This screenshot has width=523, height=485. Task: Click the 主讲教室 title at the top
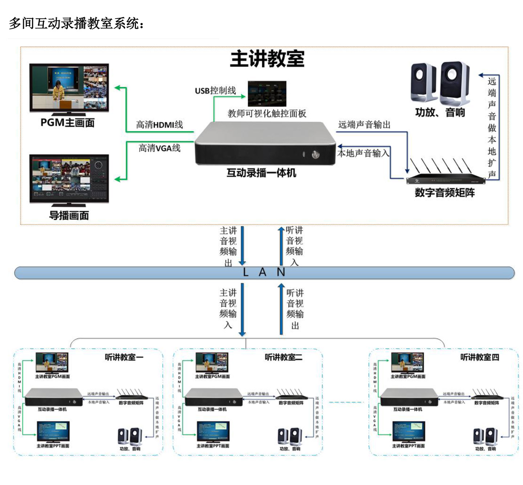(x=267, y=59)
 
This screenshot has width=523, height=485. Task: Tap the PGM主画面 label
(x=68, y=123)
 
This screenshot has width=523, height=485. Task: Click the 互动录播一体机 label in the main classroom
(x=261, y=173)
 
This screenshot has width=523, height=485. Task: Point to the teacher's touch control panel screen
(x=267, y=94)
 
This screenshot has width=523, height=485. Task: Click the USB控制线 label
(x=215, y=91)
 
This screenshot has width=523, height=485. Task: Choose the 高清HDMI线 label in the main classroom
(x=159, y=125)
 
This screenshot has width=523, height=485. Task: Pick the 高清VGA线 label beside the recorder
(x=159, y=148)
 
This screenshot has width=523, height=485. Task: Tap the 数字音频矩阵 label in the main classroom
(x=445, y=192)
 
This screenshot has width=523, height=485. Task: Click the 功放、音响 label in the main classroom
(x=440, y=112)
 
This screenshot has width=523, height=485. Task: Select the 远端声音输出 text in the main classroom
(x=364, y=125)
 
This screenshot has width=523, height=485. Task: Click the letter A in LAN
(x=262, y=273)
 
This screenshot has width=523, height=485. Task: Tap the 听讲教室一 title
(x=124, y=357)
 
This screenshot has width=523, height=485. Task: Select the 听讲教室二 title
(x=283, y=357)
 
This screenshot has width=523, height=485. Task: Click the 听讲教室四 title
(x=479, y=357)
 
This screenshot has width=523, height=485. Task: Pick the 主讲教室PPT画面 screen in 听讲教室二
(x=213, y=431)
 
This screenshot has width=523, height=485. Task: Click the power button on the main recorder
(x=315, y=155)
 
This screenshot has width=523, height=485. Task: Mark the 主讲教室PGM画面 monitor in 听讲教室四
(x=408, y=362)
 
